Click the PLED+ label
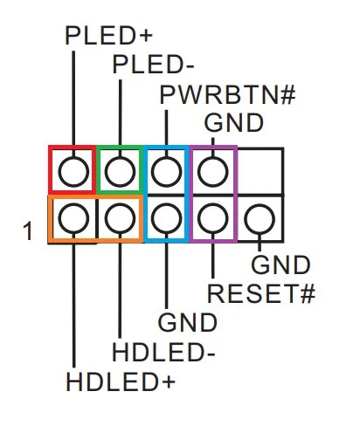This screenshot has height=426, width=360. click(x=109, y=36)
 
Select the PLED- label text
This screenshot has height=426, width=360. click(x=153, y=65)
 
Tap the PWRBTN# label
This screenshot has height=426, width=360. click(x=227, y=95)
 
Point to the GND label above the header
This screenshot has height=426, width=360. click(x=234, y=122)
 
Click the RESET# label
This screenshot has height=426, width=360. click(x=261, y=293)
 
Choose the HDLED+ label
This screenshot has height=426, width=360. click(x=121, y=381)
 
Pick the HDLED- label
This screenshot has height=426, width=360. click(x=163, y=352)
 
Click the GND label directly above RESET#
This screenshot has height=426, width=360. click(x=280, y=265)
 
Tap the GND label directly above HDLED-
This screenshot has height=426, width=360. click(x=187, y=322)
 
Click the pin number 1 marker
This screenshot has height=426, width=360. click(x=28, y=231)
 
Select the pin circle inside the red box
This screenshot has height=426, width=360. click(x=73, y=171)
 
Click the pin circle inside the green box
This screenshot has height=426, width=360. click(x=120, y=171)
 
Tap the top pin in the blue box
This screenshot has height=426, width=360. click(x=166, y=171)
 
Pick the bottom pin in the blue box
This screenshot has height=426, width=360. click(x=166, y=218)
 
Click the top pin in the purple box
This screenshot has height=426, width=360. click(x=213, y=171)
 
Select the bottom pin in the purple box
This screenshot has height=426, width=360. click(x=213, y=218)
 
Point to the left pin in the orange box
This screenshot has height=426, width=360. click(x=73, y=218)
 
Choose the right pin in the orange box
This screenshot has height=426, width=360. click(x=120, y=218)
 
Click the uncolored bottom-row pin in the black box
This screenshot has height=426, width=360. click(x=260, y=219)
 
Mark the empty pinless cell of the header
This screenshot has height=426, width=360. click(x=260, y=171)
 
